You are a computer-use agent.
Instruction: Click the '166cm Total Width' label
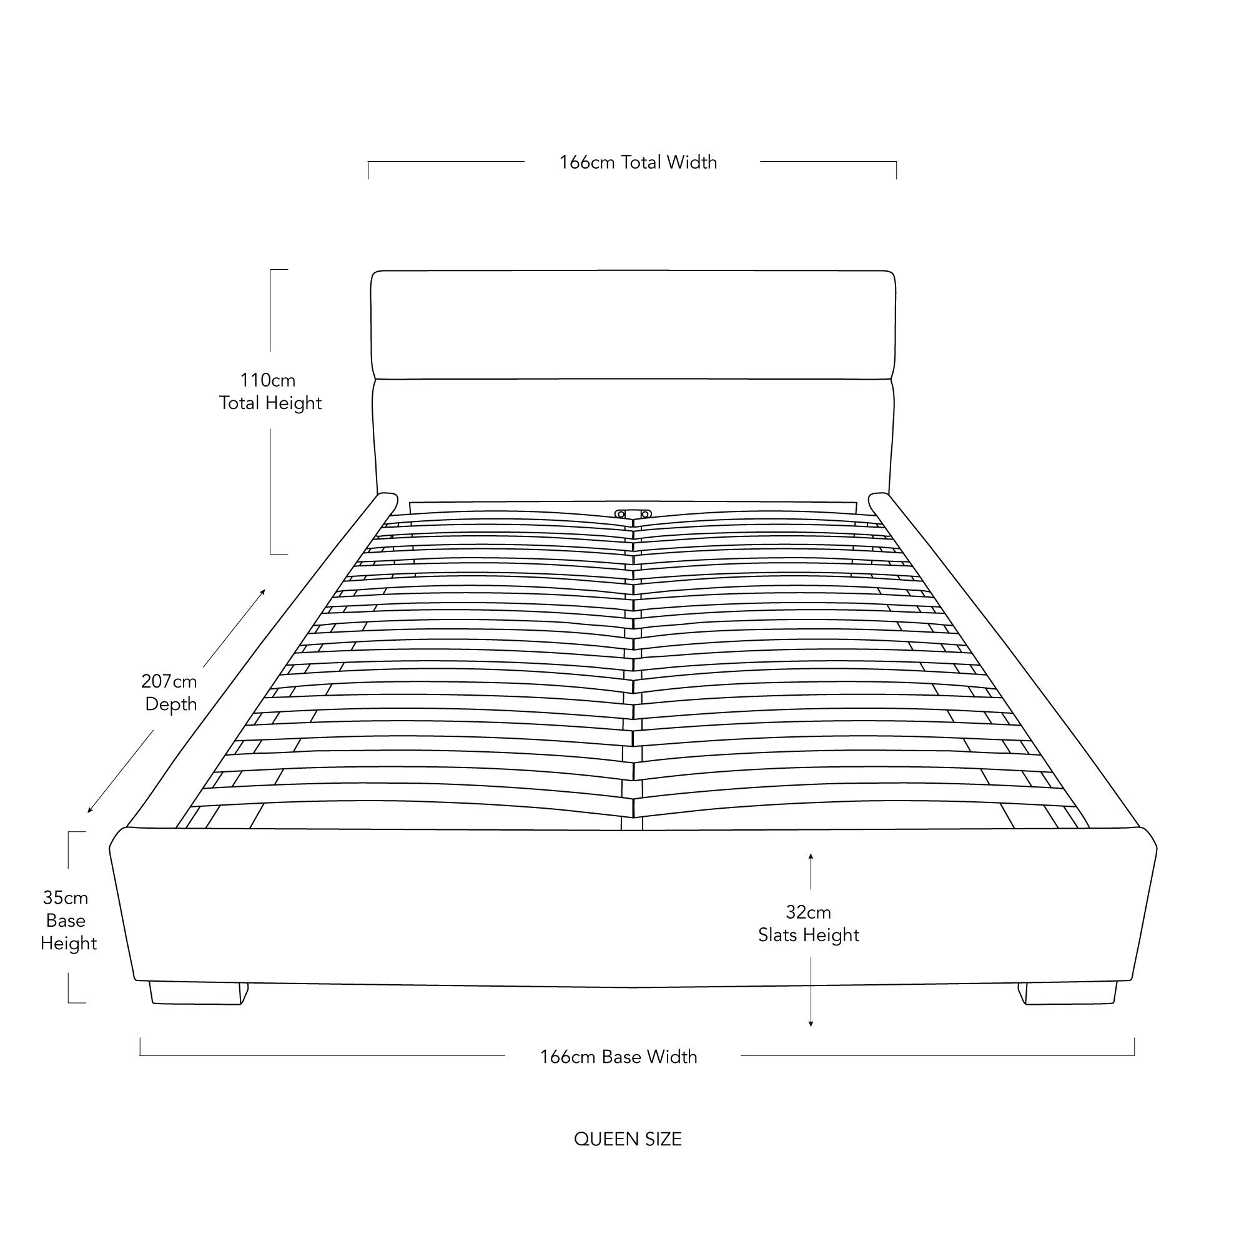pyautogui.click(x=638, y=162)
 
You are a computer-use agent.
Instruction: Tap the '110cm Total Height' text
pyautogui.click(x=270, y=392)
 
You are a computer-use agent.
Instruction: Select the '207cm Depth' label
pyautogui.click(x=170, y=693)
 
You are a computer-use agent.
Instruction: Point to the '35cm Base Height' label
pyautogui.click(x=68, y=920)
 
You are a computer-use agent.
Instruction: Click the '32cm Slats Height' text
pyautogui.click(x=809, y=924)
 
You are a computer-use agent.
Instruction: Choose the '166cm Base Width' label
pyautogui.click(x=619, y=1057)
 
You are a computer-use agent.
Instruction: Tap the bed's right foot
pyautogui.click(x=1067, y=993)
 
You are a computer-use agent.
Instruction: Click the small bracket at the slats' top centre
pyautogui.click(x=633, y=514)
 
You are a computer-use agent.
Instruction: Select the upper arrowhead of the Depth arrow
pyautogui.click(x=262, y=592)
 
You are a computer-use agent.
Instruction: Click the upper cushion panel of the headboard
pyautogui.click(x=633, y=325)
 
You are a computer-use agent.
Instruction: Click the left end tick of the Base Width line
pyautogui.click(x=141, y=1047)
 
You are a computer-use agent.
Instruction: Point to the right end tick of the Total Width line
pyautogui.click(x=896, y=170)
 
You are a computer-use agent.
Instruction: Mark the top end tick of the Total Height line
pyautogui.click(x=279, y=270)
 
